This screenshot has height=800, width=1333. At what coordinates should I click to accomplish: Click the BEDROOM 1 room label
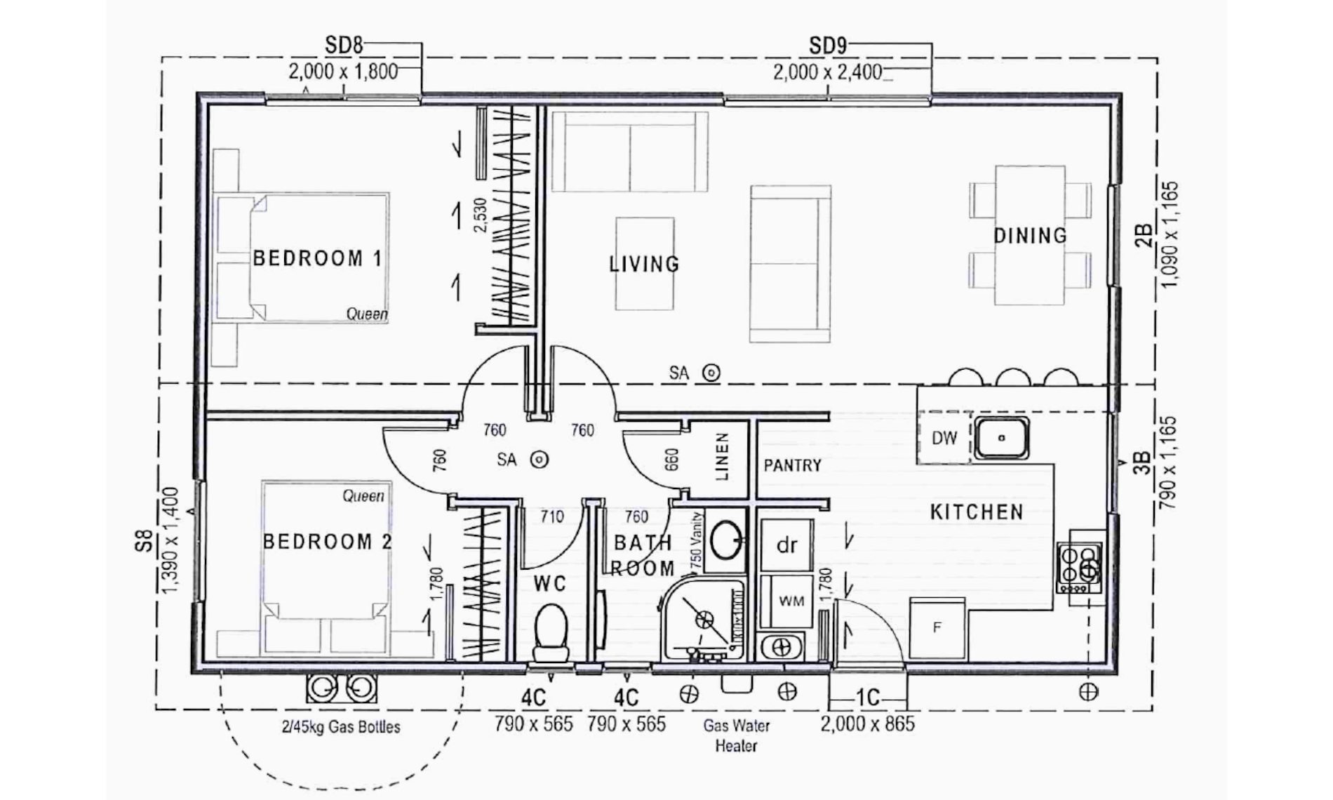pyautogui.click(x=318, y=258)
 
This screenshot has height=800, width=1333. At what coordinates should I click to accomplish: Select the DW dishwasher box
pyautogui.click(x=944, y=438)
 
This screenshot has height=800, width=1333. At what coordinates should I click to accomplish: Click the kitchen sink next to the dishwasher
pyautogui.click(x=1001, y=437)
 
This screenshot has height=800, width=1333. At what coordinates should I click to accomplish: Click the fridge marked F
pyautogui.click(x=937, y=628)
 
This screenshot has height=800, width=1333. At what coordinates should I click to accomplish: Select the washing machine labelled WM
pyautogui.click(x=791, y=601)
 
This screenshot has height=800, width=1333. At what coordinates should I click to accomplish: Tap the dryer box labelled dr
pyautogui.click(x=786, y=545)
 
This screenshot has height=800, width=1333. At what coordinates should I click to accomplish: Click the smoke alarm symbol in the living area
pyautogui.click(x=711, y=373)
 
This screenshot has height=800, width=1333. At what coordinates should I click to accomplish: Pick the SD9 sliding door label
pyautogui.click(x=828, y=46)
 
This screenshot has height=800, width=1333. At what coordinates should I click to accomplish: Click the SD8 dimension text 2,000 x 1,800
pyautogui.click(x=343, y=72)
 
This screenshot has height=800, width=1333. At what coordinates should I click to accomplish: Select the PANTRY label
pyautogui.click(x=792, y=465)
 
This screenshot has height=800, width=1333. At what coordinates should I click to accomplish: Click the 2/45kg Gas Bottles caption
pyautogui.click(x=341, y=727)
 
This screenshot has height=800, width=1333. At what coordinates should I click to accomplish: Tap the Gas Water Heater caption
pyautogui.click(x=736, y=735)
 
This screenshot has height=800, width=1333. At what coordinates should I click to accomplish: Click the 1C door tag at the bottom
pyautogui.click(x=868, y=698)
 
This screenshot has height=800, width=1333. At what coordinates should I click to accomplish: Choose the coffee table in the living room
pyautogui.click(x=645, y=263)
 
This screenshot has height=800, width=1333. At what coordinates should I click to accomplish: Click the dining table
pyautogui.click(x=1030, y=235)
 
